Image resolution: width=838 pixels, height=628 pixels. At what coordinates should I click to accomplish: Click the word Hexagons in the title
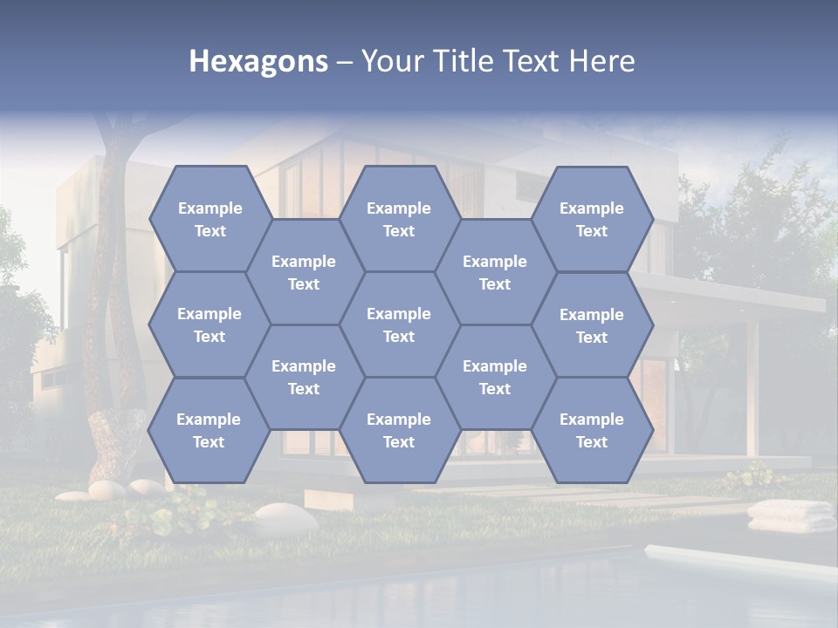point(258,61)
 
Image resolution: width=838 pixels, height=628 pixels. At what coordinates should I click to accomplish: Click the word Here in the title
point(601,61)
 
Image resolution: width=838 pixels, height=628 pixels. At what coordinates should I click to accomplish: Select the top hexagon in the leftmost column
point(209,219)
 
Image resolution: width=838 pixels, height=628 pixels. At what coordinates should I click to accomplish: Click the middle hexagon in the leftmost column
point(209,324)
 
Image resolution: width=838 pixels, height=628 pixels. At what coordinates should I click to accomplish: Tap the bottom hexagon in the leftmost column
point(209,430)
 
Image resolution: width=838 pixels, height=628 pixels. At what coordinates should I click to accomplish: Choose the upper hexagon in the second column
point(304,272)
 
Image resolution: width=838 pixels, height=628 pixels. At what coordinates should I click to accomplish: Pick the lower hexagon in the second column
point(304,377)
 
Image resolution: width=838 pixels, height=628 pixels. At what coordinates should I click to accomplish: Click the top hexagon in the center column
point(399,219)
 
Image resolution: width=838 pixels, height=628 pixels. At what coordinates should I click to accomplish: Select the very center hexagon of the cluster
point(399,324)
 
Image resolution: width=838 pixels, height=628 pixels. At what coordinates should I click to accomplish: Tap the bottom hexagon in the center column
point(399,430)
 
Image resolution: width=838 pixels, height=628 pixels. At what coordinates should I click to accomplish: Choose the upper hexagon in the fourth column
point(495,272)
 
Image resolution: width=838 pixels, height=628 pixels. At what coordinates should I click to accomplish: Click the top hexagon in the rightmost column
point(592,219)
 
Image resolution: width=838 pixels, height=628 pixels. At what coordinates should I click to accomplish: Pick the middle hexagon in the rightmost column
point(592,325)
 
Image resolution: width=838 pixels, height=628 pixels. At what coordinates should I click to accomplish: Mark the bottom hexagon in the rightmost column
point(592,430)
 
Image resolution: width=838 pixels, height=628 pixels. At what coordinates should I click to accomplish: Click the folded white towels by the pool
point(791,515)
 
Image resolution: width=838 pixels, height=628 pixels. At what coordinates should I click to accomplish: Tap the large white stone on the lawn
point(285,518)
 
